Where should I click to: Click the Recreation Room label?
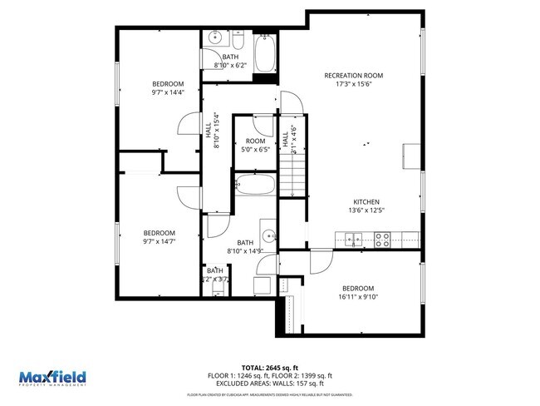(x=359, y=75)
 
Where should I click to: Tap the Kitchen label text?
(x=366, y=202)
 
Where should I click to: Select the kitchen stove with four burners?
(x=383, y=240)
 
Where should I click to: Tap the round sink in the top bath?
(x=215, y=37)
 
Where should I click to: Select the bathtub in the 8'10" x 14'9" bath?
(x=254, y=185)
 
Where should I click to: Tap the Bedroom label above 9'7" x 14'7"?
(x=159, y=232)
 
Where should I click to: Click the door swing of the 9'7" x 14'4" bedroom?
(x=188, y=125)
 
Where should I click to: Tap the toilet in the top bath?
(x=237, y=41)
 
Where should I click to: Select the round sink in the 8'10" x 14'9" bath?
(x=268, y=232)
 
